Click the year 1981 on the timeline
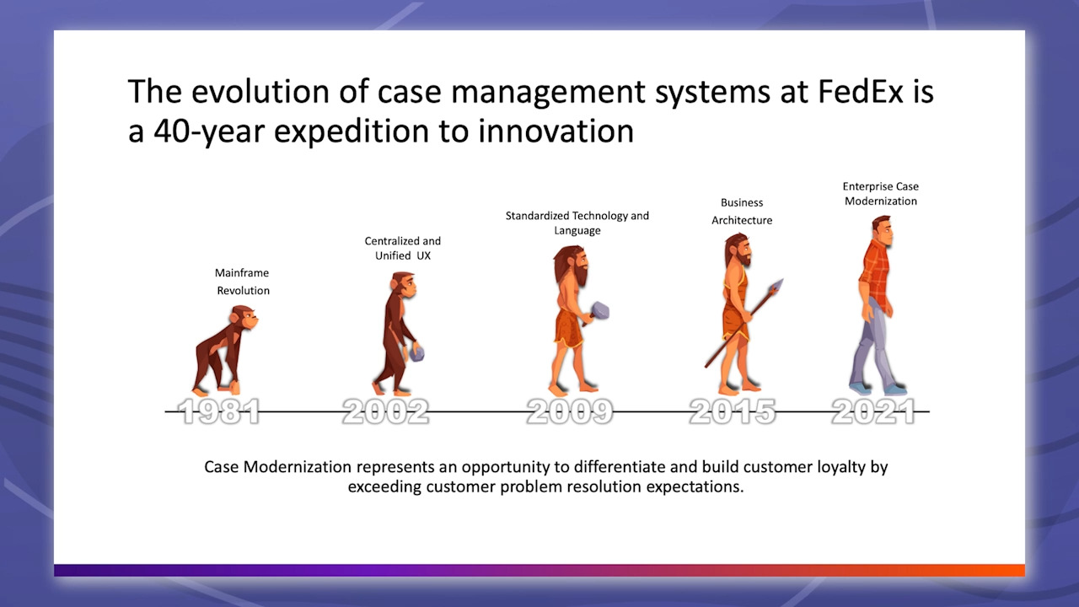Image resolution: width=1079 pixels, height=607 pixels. point(219,412)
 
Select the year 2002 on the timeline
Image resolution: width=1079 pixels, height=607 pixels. point(385,412)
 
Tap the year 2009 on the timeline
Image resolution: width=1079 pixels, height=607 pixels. point(570,412)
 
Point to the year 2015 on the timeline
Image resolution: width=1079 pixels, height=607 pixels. point(733,412)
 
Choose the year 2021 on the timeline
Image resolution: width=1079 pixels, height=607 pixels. point(874,412)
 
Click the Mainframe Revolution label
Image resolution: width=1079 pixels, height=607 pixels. point(242,282)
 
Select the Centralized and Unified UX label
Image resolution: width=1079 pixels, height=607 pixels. point(403,248)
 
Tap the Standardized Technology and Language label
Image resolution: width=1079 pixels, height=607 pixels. point(577,223)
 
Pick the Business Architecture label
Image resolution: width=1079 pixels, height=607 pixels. point(742,211)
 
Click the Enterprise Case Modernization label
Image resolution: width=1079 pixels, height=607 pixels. point(881,194)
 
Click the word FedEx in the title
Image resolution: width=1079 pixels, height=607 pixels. point(861,91)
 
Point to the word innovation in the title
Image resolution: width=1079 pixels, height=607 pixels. point(556,131)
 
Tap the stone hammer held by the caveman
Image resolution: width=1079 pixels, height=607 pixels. point(598,313)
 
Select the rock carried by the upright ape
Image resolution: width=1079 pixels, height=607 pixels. point(416,353)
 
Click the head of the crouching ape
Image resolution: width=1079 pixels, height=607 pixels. point(244,319)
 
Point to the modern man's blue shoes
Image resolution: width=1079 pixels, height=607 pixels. point(878,389)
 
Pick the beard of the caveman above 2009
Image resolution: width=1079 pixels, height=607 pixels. point(581,275)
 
